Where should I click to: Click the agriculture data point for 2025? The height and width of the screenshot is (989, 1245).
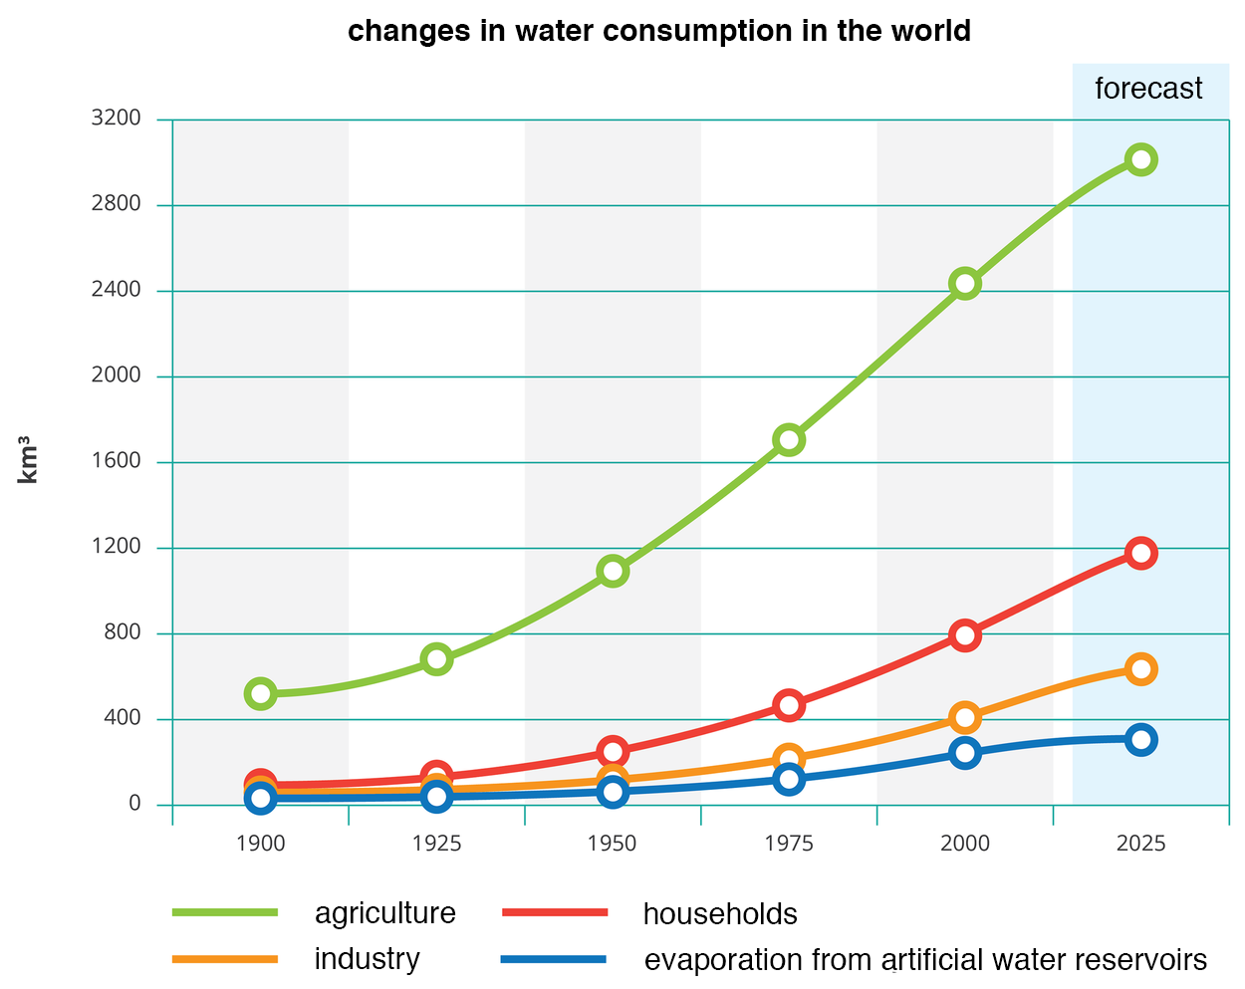tap(1140, 159)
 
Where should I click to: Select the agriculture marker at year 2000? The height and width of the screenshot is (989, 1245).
tap(964, 284)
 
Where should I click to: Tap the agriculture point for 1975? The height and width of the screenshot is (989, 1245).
tap(789, 440)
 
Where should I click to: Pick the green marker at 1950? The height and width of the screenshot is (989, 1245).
tap(613, 571)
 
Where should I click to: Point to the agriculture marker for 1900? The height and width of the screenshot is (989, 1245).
tap(260, 693)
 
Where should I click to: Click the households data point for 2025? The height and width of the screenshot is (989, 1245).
tap(1140, 554)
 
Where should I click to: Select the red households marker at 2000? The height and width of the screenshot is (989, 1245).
tap(964, 635)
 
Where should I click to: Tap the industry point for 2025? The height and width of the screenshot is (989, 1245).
tap(1140, 669)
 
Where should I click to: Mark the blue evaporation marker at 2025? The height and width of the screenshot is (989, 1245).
tap(1140, 740)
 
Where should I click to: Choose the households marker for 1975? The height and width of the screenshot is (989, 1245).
tap(789, 705)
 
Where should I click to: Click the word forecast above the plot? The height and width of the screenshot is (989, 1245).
tap(1148, 89)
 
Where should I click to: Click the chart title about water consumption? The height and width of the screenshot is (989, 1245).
tap(658, 31)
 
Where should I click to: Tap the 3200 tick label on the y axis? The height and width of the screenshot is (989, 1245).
tap(116, 119)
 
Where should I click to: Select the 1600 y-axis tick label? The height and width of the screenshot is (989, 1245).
tap(116, 461)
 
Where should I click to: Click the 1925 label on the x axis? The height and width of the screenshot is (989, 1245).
tap(436, 844)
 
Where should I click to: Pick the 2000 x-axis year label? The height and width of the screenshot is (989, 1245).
tap(964, 844)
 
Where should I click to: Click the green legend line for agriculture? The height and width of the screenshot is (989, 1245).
tap(225, 912)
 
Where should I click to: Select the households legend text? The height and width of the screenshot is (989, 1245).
tap(719, 914)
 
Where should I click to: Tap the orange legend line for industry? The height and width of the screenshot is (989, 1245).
tap(225, 959)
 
